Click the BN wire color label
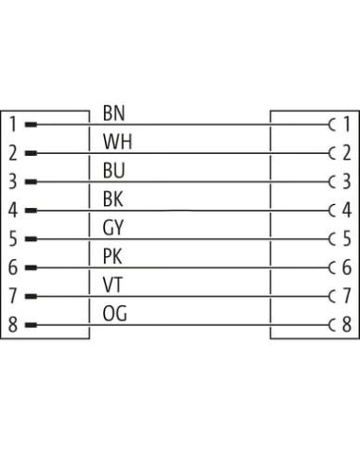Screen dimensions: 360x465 click(113, 113)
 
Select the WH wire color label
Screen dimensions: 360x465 click(117, 142)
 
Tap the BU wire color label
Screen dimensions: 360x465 click(113, 170)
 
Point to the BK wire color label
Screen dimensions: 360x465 click(112, 199)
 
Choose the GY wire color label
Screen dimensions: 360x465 click(112, 228)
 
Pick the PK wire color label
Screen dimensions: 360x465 click(112, 256)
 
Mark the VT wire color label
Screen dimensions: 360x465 click(112, 284)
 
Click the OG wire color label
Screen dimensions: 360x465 click(114, 314)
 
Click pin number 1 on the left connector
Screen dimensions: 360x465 click(13, 124)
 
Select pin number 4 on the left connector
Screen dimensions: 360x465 click(12, 210)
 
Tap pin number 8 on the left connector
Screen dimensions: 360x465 click(12, 325)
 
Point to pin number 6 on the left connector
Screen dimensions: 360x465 click(12, 267)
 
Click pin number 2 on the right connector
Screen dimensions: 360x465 click(347, 153)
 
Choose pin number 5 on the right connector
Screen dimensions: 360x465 click(347, 238)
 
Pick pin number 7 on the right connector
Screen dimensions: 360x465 click(347, 296)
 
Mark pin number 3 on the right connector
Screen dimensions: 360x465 click(347, 181)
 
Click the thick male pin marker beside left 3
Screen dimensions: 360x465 click(31, 181)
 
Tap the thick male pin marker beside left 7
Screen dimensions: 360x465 click(31, 297)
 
